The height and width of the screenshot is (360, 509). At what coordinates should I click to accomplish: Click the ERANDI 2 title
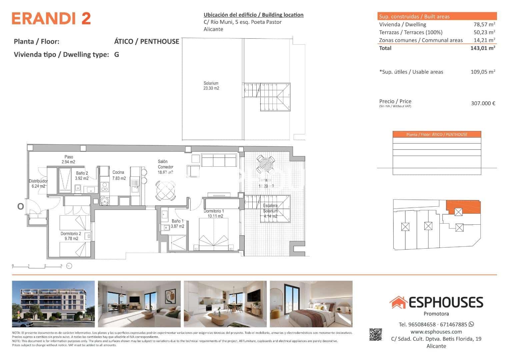tap(51, 19)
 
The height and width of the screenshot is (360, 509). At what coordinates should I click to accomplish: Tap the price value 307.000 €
tap(483, 103)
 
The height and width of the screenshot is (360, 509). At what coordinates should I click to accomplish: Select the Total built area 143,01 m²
tap(483, 48)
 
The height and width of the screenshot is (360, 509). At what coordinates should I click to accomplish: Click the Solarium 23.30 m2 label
tap(211, 86)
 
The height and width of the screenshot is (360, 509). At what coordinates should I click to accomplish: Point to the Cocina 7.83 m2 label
tap(119, 175)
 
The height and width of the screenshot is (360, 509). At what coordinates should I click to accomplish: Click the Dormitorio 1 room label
tap(214, 214)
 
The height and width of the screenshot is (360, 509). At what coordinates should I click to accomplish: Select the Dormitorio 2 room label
tap(70, 236)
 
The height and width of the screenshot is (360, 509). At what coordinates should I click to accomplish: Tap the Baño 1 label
tap(177, 224)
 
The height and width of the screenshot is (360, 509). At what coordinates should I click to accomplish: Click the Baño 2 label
tap(82, 176)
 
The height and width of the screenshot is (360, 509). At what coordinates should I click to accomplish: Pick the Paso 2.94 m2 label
tap(69, 159)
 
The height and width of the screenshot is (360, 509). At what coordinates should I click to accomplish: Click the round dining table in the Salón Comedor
tap(166, 190)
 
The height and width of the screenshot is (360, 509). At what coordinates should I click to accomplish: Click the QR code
tap(376, 335)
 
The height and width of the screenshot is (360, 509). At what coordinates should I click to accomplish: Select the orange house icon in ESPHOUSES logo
tap(398, 302)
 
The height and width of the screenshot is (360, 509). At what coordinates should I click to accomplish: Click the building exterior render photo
tap(53, 304)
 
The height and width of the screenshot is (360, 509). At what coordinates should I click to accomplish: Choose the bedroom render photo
tap(311, 304)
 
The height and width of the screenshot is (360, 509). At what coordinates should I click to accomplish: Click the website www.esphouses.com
tap(436, 332)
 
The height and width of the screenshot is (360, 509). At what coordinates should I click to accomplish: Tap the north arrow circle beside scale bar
tap(69, 266)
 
